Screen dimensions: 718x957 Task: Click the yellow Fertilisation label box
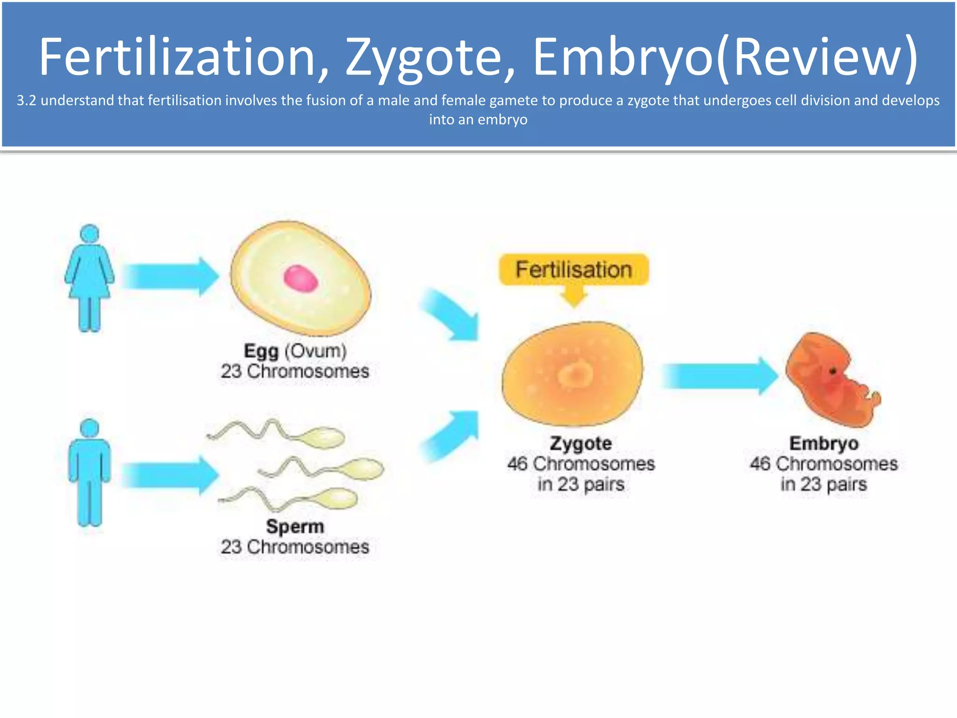[573, 270]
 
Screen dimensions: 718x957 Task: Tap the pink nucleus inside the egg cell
[301, 279]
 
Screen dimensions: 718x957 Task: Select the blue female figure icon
[89, 278]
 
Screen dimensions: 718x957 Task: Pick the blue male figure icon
[89, 472]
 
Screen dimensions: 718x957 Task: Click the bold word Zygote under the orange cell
[580, 443]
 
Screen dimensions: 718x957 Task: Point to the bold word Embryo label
[824, 443]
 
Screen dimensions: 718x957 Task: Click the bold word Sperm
[295, 526]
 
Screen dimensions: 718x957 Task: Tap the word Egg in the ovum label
[261, 351]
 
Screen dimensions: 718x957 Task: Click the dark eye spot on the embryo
[833, 372]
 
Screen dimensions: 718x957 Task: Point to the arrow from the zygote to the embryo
[720, 376]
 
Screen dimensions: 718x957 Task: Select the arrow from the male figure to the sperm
[171, 475]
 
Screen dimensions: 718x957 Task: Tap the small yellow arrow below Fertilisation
[574, 296]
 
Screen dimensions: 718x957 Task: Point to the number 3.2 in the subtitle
[26, 101]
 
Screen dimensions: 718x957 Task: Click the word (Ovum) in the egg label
[315, 351]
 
